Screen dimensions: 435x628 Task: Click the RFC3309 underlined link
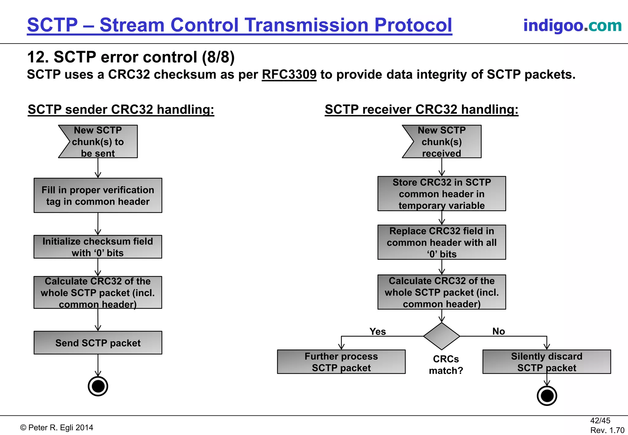click(x=289, y=75)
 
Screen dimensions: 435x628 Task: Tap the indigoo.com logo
click(x=572, y=25)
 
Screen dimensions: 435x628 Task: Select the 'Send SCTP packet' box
click(x=98, y=343)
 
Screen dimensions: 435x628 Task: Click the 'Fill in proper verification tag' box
click(x=98, y=195)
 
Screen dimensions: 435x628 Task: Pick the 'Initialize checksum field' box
click(x=98, y=247)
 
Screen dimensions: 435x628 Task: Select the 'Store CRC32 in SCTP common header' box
click(x=442, y=194)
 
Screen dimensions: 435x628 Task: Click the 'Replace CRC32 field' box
click(x=442, y=242)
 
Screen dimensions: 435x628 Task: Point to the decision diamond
click(x=442, y=336)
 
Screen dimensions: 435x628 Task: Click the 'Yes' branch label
click(x=377, y=331)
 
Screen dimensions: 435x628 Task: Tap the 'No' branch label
click(x=499, y=331)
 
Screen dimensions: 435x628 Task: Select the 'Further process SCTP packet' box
click(x=341, y=362)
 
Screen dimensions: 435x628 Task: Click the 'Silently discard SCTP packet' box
click(x=546, y=362)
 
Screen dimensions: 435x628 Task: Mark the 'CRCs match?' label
click(x=446, y=365)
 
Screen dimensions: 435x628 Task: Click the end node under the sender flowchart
click(x=98, y=386)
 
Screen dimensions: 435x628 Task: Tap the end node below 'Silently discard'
click(x=547, y=396)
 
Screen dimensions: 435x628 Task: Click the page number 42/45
click(x=600, y=421)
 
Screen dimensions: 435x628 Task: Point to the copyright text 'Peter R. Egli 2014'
click(x=57, y=428)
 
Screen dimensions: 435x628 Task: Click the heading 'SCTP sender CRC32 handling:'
click(x=121, y=110)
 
